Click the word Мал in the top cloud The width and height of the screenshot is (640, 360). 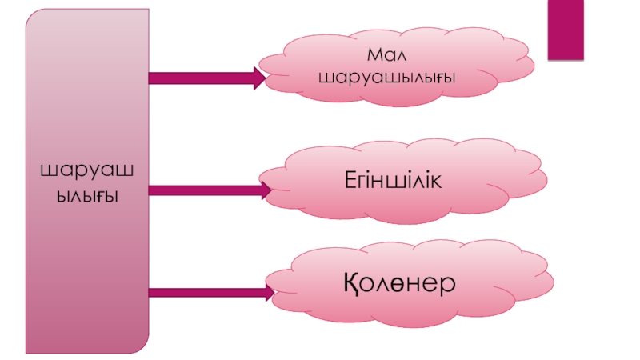(387, 56)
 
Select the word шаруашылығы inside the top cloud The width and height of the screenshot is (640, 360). (387, 78)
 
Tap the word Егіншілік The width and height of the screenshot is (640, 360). (394, 178)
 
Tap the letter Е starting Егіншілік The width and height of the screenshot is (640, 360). (350, 178)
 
